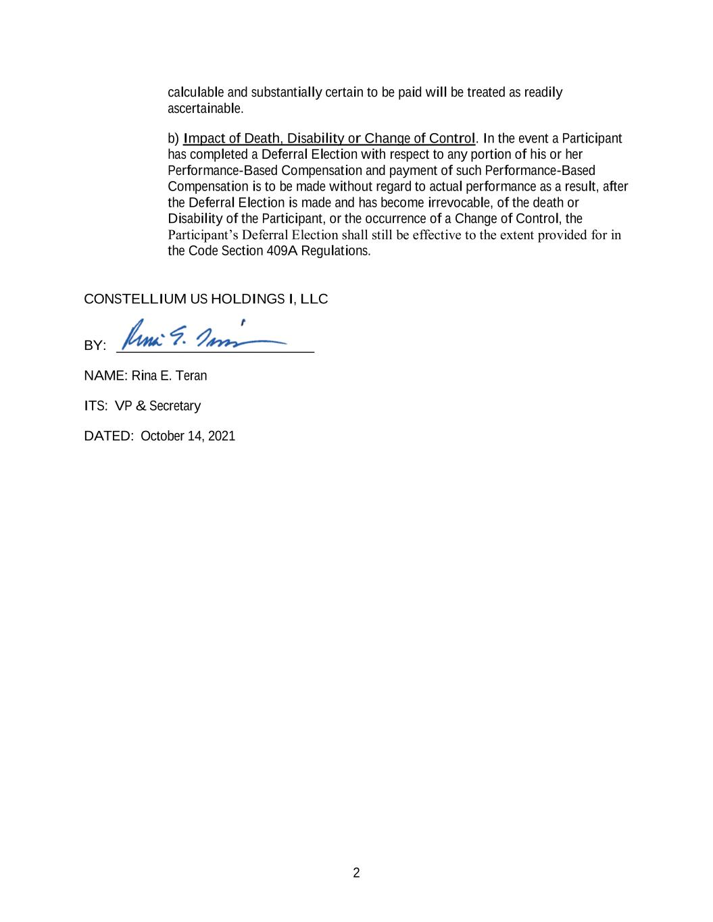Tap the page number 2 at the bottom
click(356, 873)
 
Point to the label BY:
click(95, 346)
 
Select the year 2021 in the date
click(222, 436)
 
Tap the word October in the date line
click(162, 436)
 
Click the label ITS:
click(95, 406)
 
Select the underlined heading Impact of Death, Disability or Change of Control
click(329, 139)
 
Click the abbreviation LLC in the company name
click(314, 299)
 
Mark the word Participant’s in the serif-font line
click(203, 235)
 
